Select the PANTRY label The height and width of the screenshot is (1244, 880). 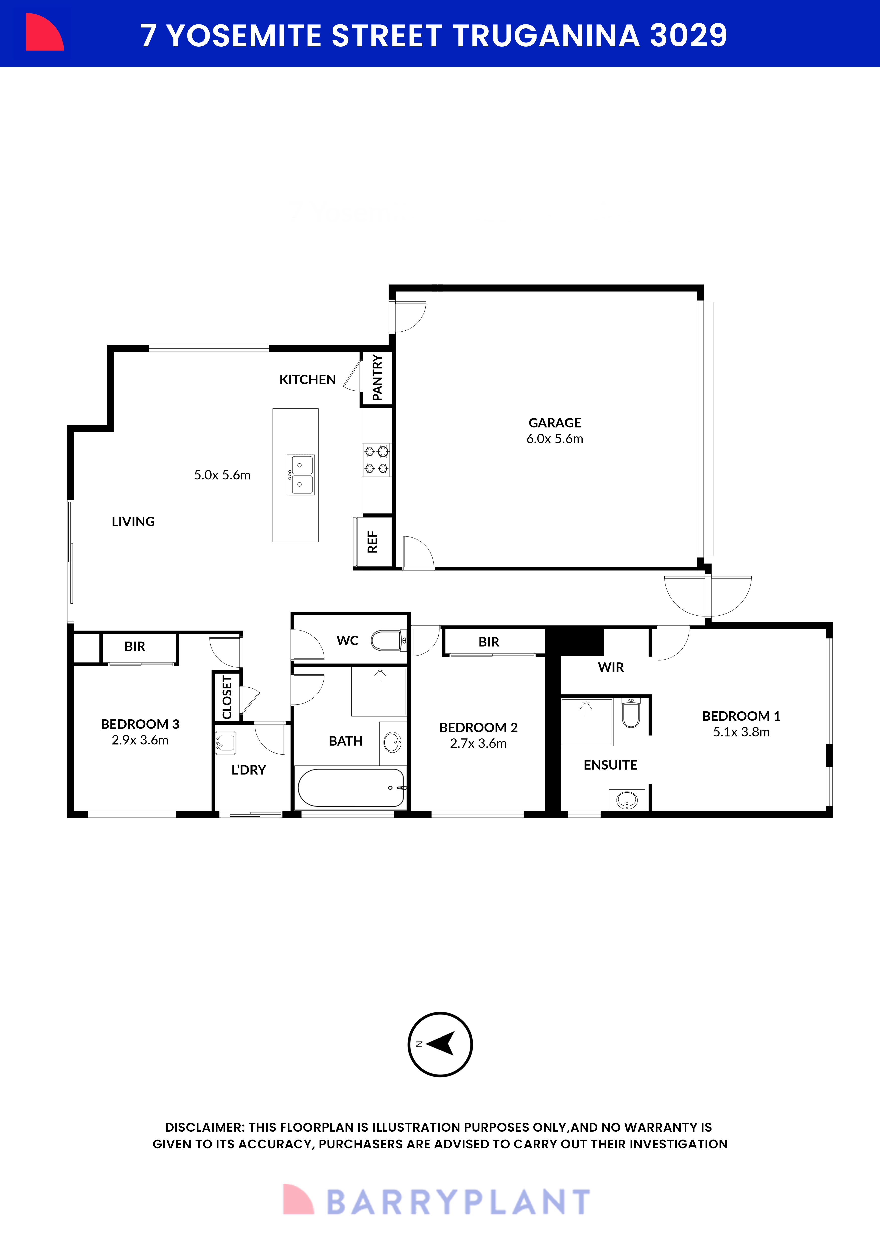pyautogui.click(x=377, y=378)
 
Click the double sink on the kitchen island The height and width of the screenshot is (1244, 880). pyautogui.click(x=301, y=475)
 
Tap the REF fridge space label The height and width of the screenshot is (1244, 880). pyautogui.click(x=373, y=542)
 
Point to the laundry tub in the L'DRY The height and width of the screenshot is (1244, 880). pyautogui.click(x=225, y=743)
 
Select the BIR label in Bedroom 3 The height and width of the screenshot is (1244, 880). pyautogui.click(x=135, y=646)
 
